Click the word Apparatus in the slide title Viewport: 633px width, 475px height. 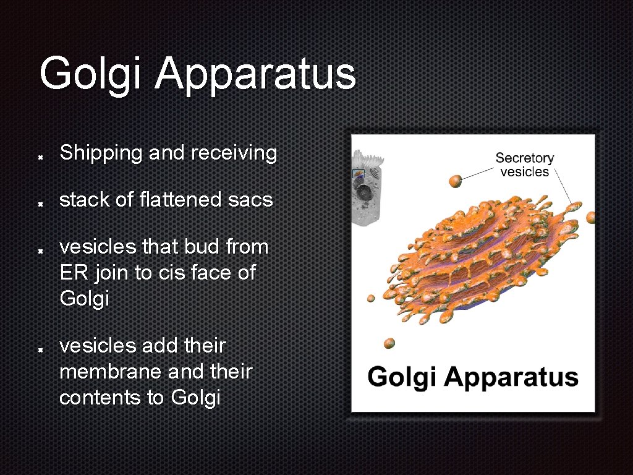[x=255, y=74]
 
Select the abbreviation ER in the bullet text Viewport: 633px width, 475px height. [x=71, y=273]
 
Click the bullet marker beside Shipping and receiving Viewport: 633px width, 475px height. [x=39, y=156]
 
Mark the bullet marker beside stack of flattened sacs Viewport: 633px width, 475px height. [x=39, y=203]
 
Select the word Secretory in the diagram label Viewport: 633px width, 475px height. [x=524, y=158]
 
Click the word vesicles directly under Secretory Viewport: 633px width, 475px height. [x=524, y=172]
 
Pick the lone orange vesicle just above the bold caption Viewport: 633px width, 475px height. [x=389, y=343]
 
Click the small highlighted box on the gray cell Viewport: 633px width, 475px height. [x=358, y=174]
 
